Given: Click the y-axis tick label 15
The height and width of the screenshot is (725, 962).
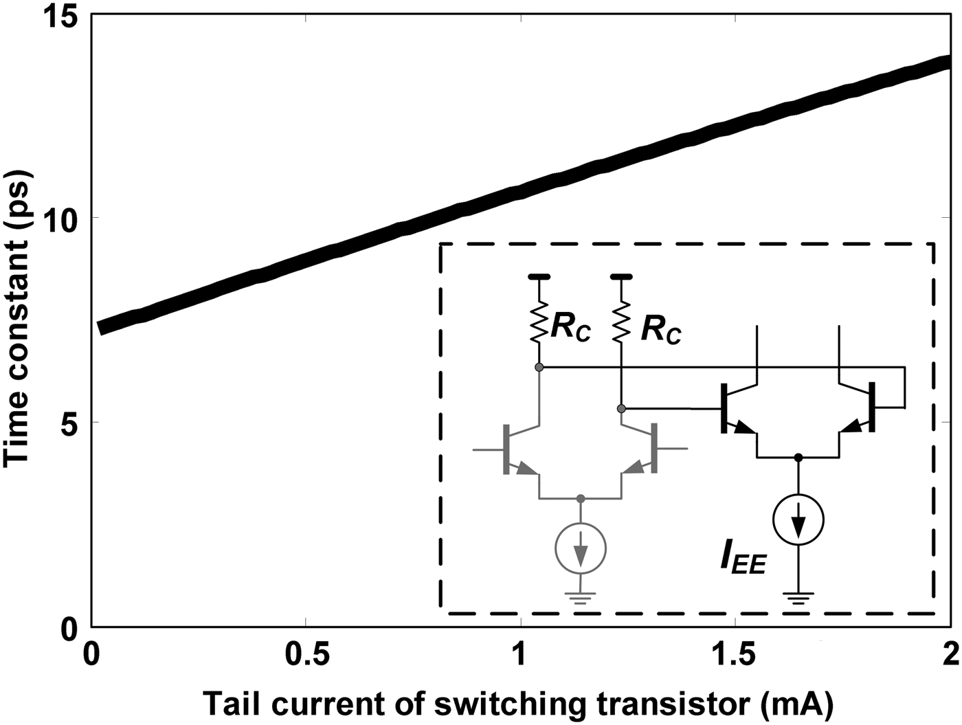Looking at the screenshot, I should [x=60, y=16].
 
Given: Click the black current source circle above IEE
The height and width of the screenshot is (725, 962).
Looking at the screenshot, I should [x=798, y=520].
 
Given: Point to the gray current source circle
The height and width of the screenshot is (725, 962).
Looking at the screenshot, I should [x=581, y=548].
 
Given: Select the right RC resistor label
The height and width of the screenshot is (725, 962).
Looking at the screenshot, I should [x=660, y=331].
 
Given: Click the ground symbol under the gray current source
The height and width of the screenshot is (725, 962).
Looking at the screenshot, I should [x=581, y=597].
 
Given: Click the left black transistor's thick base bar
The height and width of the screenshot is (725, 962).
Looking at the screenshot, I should [x=724, y=408].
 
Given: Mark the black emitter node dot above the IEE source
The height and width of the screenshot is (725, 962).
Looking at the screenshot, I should [x=798, y=457].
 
